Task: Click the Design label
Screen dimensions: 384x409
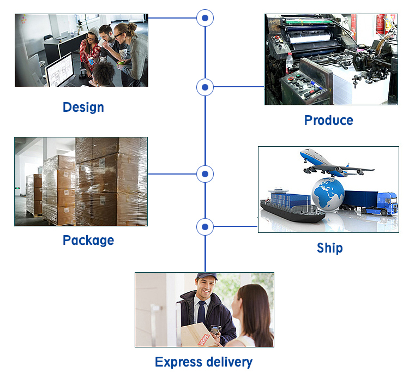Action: pos(83,107)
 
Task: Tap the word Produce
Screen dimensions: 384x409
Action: pos(328,120)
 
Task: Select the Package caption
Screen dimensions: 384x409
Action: pos(88,240)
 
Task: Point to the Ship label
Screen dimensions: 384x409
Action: pos(329,248)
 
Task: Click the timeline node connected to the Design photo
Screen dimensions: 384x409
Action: pos(204,18)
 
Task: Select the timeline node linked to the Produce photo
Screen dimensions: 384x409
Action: pos(204,87)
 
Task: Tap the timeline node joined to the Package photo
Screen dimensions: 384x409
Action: pos(204,174)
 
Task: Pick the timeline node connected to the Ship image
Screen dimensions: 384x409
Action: pos(204,226)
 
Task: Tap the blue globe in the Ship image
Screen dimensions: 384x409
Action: pos(328,193)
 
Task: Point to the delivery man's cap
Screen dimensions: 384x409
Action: pos(206,277)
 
